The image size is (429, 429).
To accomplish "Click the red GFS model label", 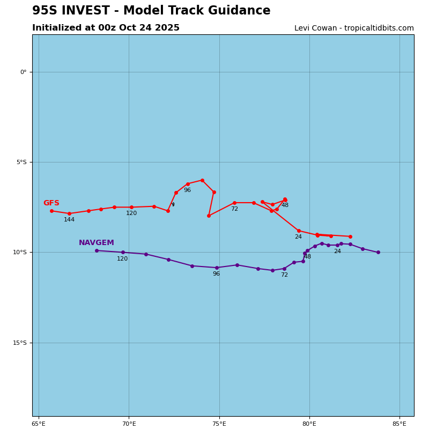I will [x=51, y=203].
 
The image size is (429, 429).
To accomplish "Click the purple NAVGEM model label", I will [x=97, y=243].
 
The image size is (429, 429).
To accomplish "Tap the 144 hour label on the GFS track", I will [x=69, y=220].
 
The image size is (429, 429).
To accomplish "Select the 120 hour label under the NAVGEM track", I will [x=122, y=259].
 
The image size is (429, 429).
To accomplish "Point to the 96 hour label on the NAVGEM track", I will [x=216, y=274].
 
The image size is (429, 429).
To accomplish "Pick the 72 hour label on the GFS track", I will [x=234, y=209].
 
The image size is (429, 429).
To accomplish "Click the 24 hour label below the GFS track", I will [x=298, y=237].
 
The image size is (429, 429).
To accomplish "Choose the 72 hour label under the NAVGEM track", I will [x=284, y=275].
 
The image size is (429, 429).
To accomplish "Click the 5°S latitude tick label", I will [x=21, y=162].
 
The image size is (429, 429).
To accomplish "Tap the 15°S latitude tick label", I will [x=19, y=343].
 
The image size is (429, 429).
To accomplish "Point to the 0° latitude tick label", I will [x=23, y=72].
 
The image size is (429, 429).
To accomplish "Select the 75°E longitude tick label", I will [x=219, y=424].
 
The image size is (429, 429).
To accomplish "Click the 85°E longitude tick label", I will [x=400, y=424].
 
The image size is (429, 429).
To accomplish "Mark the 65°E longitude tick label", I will [x=39, y=424].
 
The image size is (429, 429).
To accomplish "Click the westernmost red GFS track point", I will [x=51, y=211].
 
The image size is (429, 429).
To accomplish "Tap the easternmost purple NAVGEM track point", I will [x=378, y=252].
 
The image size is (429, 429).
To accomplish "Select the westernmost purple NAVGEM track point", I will [x=97, y=250].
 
